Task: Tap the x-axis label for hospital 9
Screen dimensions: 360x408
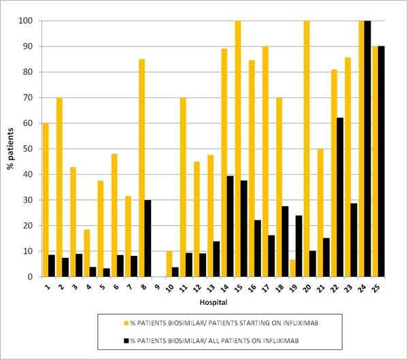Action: [x=158, y=287]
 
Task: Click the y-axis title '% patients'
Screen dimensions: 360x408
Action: [x=10, y=148]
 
